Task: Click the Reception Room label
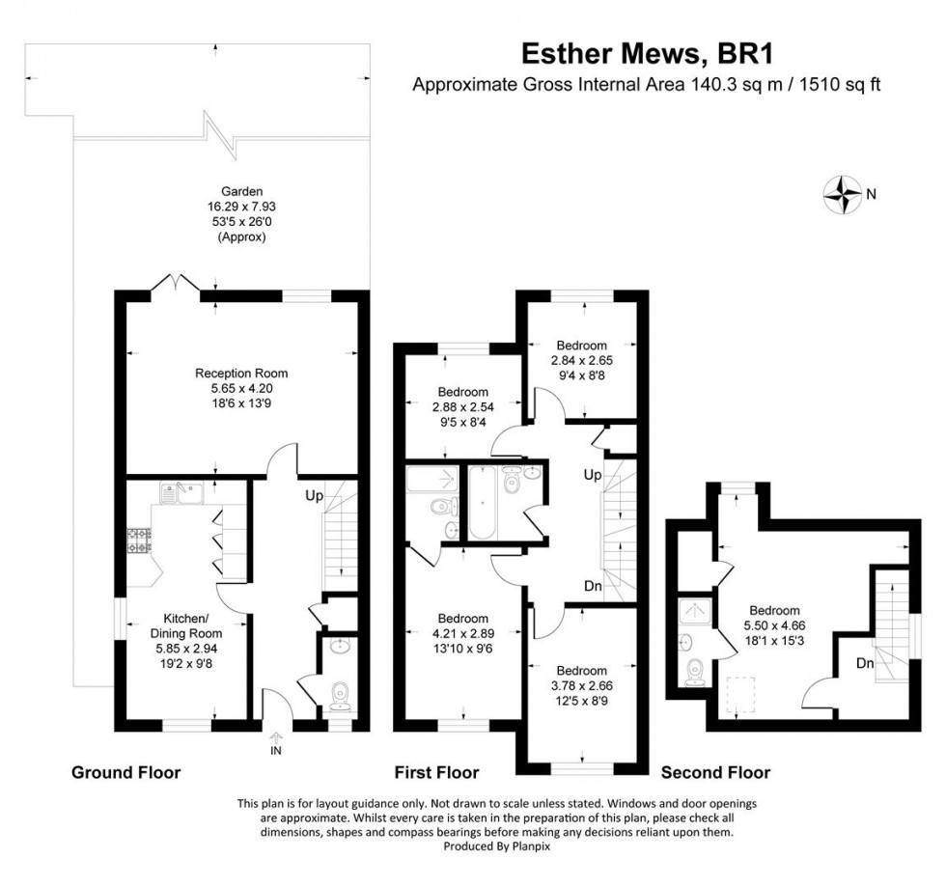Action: point(241,381)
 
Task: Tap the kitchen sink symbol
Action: point(181,494)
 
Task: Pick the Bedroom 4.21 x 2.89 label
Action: point(462,633)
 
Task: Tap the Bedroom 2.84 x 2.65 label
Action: point(581,359)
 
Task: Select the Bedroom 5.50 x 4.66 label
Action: point(775,625)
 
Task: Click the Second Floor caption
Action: point(715,772)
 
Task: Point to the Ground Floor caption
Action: point(125,772)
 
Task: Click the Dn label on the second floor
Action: point(864,663)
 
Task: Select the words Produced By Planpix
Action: point(496,846)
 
